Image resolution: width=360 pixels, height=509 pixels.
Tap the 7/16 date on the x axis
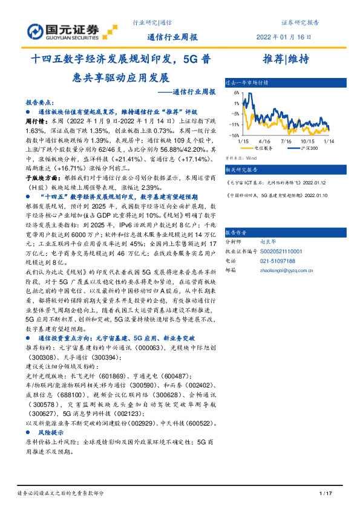(286, 140)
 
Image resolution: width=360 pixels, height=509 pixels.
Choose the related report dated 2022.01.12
(278, 182)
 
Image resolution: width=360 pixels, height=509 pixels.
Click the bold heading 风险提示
(51, 417)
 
